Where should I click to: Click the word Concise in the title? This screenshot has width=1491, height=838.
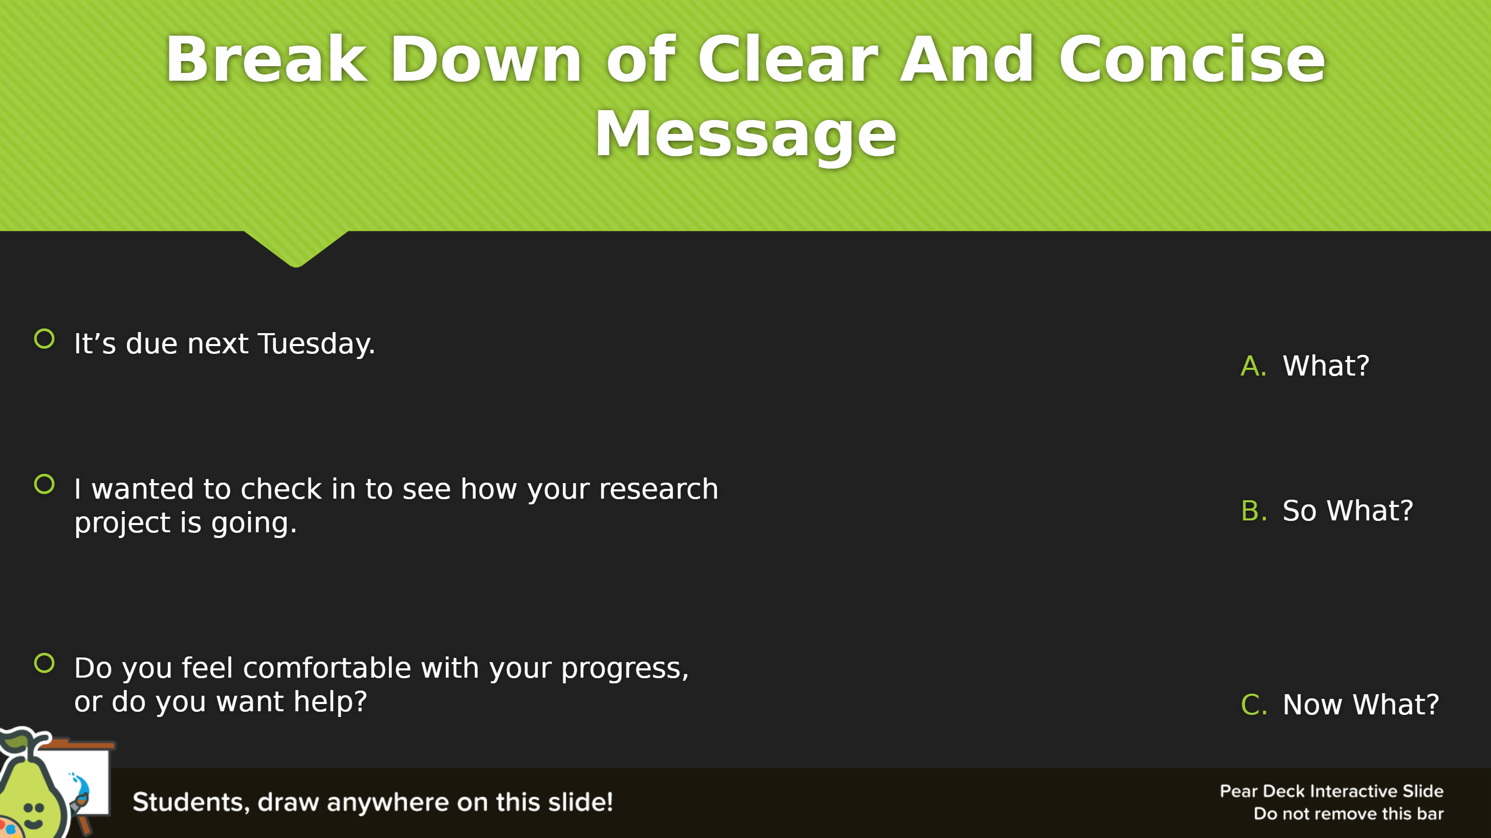[1192, 59]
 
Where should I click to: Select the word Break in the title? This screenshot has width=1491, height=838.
[267, 59]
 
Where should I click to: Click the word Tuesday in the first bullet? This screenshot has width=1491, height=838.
[315, 344]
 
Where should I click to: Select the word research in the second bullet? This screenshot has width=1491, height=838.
[659, 489]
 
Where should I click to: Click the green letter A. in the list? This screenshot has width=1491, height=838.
[1254, 366]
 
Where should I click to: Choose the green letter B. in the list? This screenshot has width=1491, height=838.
[1254, 511]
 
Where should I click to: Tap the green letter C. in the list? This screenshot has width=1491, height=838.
[1254, 705]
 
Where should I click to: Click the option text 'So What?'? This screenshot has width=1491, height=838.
[1348, 511]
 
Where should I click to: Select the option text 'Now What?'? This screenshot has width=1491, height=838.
[1361, 705]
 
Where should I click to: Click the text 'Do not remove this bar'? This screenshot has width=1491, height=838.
[1349, 814]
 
